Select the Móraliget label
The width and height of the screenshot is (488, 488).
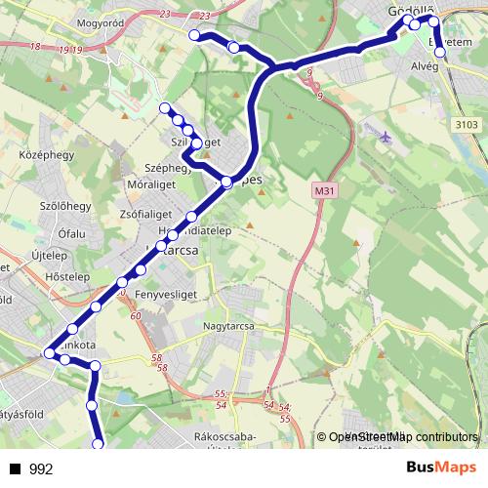(x=155, y=184)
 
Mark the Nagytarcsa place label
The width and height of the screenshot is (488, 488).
(x=227, y=325)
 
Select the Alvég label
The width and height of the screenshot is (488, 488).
(x=425, y=65)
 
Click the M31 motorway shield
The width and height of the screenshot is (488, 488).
(x=324, y=191)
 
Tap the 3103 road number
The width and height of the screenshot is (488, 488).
(x=467, y=124)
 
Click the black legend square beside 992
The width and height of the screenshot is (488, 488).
(x=16, y=469)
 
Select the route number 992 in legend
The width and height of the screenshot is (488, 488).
(x=41, y=469)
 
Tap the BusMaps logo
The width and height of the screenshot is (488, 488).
(x=441, y=468)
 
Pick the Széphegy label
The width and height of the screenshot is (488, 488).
(x=166, y=167)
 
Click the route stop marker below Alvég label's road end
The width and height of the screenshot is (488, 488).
(x=440, y=53)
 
